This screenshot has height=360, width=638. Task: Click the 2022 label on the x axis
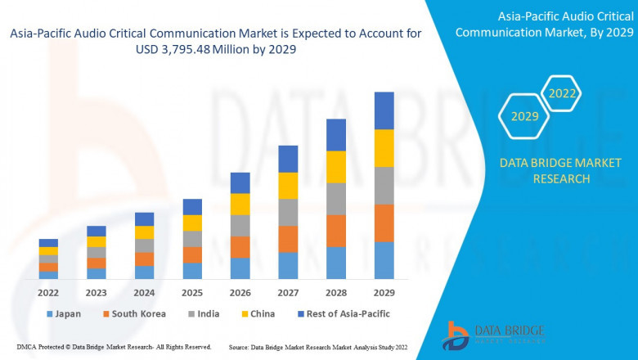(48, 291)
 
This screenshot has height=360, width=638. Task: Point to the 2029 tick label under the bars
(384, 291)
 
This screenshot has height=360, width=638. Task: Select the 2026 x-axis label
(240, 291)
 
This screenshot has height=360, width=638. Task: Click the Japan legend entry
(64, 314)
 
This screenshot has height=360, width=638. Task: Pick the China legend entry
(258, 314)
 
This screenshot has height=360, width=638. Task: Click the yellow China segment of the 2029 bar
(384, 148)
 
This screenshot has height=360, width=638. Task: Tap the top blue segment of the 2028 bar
(336, 135)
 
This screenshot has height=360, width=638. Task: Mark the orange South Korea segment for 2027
(288, 239)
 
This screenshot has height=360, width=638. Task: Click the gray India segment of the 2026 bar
(240, 225)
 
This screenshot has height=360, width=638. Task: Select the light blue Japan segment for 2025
(192, 271)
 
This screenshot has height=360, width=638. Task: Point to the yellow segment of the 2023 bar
(97, 241)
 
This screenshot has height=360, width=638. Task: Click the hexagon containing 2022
(562, 94)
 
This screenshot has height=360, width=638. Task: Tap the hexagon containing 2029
(524, 117)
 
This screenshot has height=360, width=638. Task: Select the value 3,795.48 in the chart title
(178, 50)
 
